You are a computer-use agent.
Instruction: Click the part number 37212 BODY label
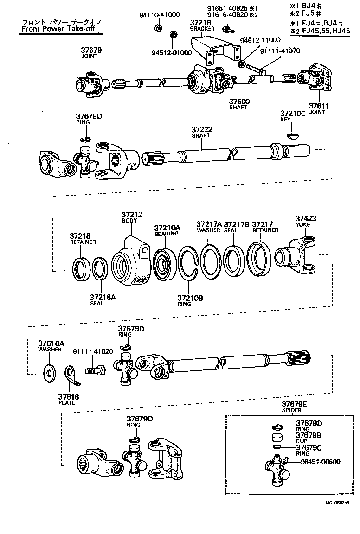132,218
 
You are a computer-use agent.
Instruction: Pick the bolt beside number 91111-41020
96,370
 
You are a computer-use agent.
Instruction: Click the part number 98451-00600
320,462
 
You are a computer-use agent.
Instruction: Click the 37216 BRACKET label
202,25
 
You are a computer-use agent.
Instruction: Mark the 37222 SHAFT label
201,132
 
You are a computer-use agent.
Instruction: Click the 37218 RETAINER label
83,238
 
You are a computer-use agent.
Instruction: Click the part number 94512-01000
172,52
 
